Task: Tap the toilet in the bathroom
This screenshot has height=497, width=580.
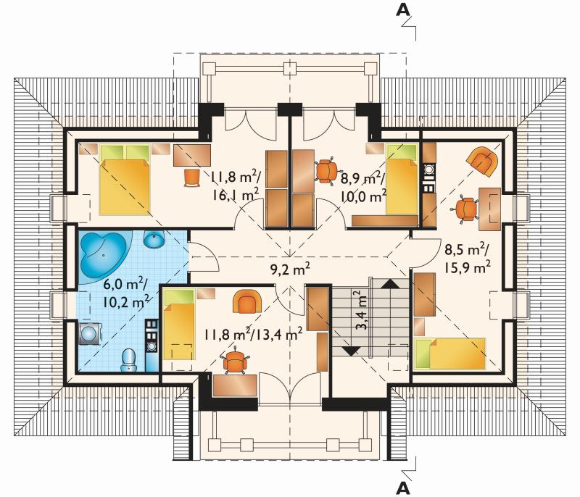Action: click(x=128, y=360)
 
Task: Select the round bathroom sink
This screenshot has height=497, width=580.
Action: click(x=154, y=240)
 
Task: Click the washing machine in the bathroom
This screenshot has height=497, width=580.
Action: click(x=89, y=334)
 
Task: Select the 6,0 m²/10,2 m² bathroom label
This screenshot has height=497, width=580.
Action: click(x=126, y=293)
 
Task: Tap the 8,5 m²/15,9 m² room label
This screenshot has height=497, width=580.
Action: click(x=468, y=258)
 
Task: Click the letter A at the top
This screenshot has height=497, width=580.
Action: click(x=403, y=10)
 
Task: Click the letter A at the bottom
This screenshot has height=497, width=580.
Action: click(x=403, y=488)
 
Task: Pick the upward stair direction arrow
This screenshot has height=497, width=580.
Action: click(x=390, y=283)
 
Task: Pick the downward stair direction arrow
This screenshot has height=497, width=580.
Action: click(x=350, y=351)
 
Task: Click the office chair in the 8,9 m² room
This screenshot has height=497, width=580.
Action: click(x=326, y=171)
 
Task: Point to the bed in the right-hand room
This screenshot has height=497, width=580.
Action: click(x=449, y=354)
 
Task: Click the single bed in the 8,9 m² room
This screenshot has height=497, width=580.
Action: click(x=402, y=179)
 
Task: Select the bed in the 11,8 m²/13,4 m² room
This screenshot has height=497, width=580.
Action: click(x=179, y=325)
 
